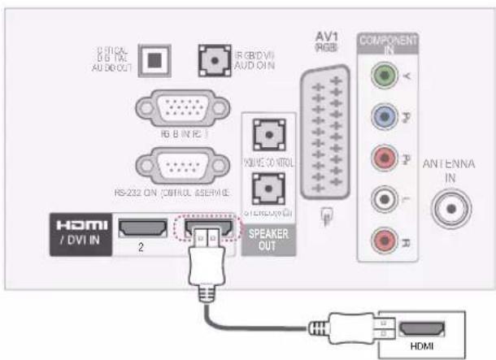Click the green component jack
(382, 76)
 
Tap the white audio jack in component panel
(382, 199)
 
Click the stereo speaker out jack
(264, 190)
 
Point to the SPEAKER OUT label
(265, 241)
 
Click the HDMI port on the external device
(423, 332)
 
